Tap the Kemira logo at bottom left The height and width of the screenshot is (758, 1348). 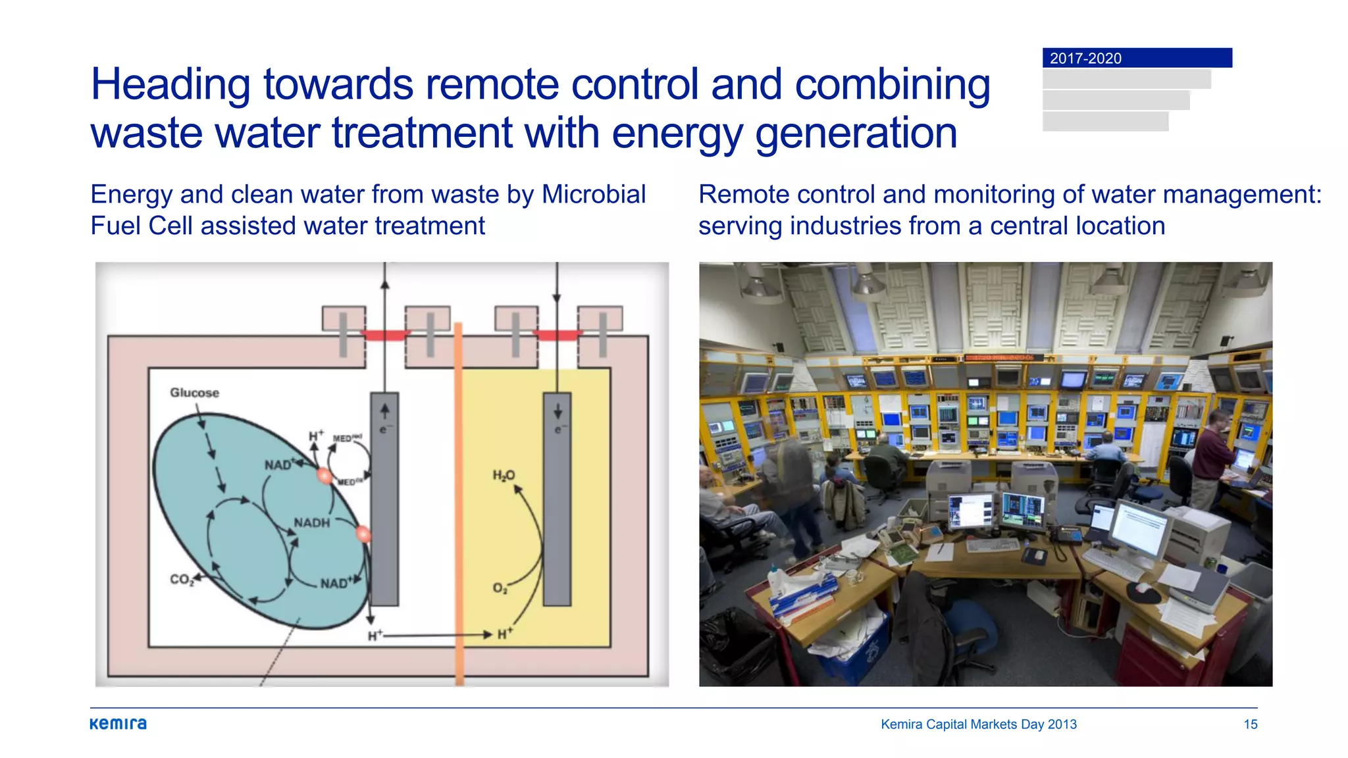(118, 724)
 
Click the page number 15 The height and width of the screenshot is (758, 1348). (1250, 724)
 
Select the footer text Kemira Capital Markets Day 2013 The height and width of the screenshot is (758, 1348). (978, 724)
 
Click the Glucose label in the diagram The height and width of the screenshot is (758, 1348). (194, 393)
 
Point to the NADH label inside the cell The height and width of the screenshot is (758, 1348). (311, 523)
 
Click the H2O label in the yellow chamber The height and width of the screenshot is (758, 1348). (504, 475)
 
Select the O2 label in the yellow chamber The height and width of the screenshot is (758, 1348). (500, 588)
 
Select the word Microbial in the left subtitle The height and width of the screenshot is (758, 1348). (593, 195)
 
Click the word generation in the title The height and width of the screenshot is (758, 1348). (856, 134)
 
